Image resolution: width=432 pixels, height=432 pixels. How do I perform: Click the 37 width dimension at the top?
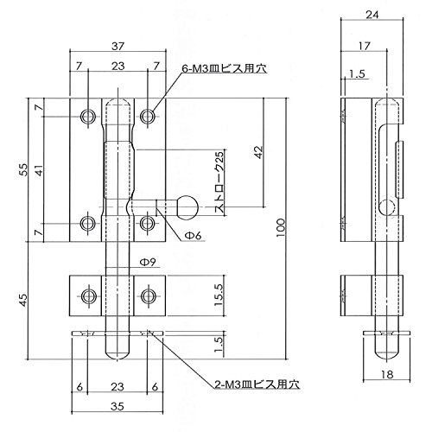[x=118, y=46]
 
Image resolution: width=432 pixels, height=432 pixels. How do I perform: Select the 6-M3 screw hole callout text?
[x=225, y=69]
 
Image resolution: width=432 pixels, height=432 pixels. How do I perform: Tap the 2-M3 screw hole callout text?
[x=257, y=384]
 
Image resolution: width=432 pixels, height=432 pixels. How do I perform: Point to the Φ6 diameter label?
[x=193, y=235]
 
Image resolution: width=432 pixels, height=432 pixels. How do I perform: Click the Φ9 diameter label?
[x=148, y=262]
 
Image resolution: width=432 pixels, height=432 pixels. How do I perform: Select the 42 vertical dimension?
[x=259, y=152]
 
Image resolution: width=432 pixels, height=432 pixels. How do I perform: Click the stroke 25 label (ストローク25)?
[x=219, y=182]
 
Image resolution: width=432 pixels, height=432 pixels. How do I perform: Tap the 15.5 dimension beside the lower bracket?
[x=219, y=295]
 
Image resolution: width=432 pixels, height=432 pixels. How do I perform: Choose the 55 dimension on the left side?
[x=23, y=169]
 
